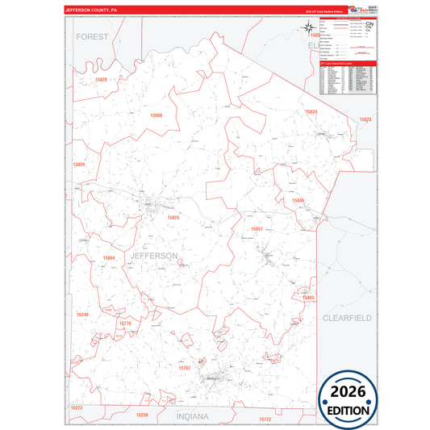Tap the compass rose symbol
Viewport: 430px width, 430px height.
[x=310, y=30]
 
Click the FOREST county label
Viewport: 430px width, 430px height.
[x=92, y=37]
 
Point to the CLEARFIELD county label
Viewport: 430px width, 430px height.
[x=347, y=318]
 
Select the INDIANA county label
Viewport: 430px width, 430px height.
[x=192, y=416]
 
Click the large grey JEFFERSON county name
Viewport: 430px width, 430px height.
[x=153, y=256]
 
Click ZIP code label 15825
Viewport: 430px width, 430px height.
[x=173, y=217]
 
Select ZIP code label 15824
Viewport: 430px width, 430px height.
[x=311, y=111]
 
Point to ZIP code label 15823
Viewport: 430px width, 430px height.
[x=365, y=119]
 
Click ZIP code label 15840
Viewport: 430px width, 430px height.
[x=298, y=199]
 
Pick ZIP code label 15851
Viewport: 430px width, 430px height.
[x=257, y=229]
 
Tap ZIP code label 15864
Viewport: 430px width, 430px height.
[x=110, y=258]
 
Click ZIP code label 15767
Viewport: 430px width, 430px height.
[x=185, y=367]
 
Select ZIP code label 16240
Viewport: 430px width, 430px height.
[x=81, y=314]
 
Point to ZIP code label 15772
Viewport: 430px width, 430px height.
[x=265, y=420]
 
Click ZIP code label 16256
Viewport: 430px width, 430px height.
[x=142, y=415]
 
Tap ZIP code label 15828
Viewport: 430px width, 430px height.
[x=100, y=80]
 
